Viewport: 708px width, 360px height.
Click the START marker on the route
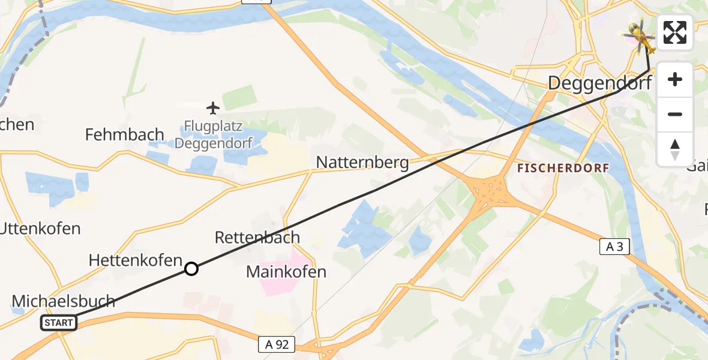click(59, 323)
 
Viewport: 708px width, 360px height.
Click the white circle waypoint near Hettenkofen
click(191, 269)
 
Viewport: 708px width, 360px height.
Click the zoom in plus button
click(675, 80)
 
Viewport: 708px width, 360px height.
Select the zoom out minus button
click(675, 114)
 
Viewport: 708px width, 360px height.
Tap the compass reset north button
click(675, 149)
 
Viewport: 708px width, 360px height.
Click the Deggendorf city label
click(599, 83)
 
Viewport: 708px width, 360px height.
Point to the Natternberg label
click(362, 163)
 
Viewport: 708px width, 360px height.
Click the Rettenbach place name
click(257, 238)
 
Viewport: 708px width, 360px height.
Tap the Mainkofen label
click(286, 272)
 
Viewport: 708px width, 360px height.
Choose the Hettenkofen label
click(136, 260)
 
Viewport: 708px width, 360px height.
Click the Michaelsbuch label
click(63, 301)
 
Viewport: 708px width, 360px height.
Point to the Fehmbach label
click(125, 134)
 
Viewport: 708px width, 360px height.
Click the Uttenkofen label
click(41, 229)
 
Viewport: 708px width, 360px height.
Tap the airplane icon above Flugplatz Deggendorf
click(213, 108)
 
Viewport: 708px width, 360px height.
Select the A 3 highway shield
click(614, 246)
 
